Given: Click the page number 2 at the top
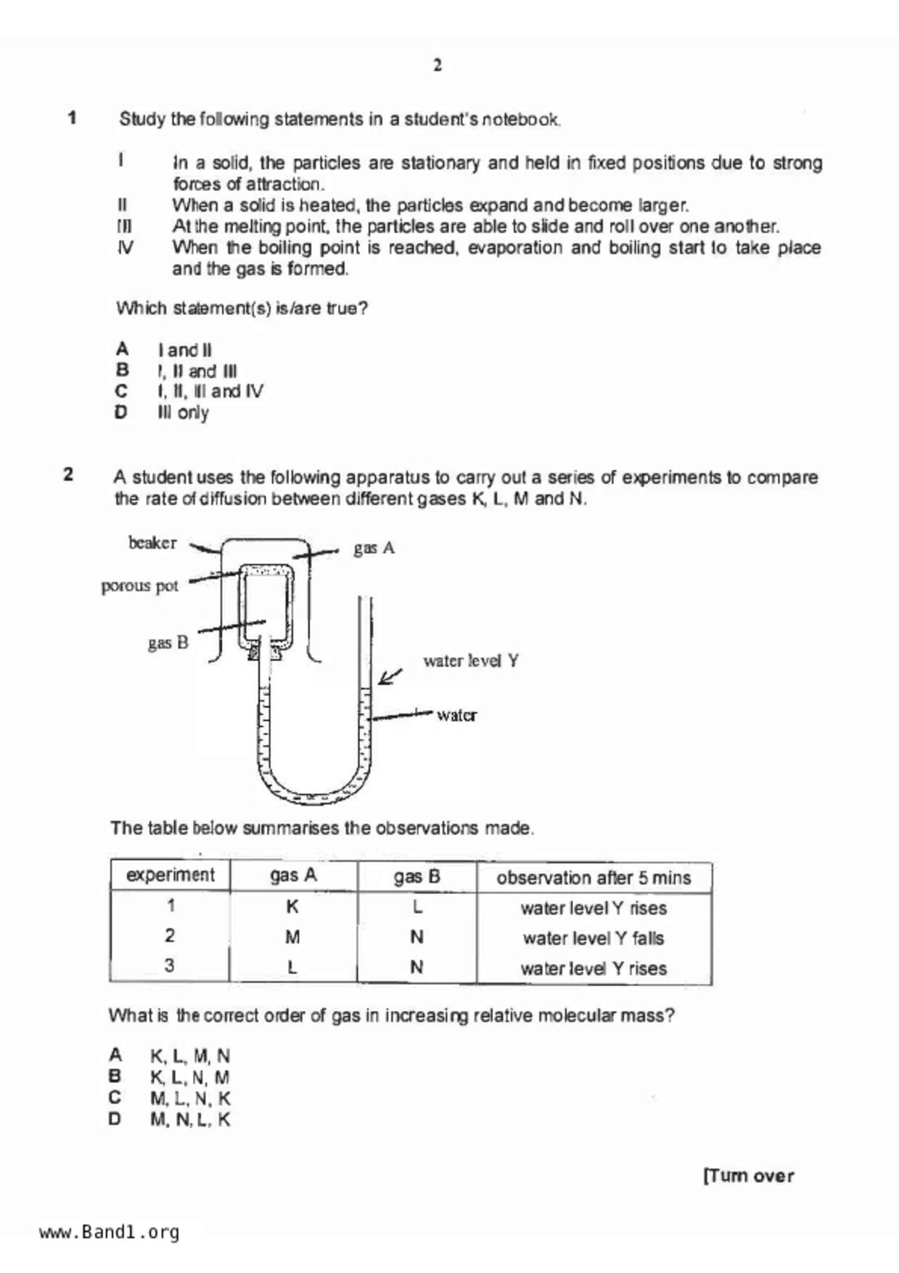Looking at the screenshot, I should point(438,65).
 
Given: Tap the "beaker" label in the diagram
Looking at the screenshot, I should point(152,543).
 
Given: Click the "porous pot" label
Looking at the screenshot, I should point(139,586).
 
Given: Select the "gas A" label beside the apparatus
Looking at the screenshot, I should point(374,548).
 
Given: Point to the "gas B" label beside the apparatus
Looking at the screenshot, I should point(168,642).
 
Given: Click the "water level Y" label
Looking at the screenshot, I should point(471,660).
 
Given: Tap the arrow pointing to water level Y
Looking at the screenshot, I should point(390,676).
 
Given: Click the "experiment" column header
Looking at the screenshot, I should point(171,875).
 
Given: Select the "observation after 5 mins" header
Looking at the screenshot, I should point(594,878).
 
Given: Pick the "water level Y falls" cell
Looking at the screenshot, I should point(594,938).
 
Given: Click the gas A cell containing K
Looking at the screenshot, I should point(292,907).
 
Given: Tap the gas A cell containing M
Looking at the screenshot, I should point(292,938).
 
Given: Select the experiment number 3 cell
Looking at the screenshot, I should point(169,966).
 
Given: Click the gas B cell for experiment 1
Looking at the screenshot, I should point(416,907).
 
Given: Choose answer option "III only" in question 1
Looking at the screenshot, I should point(183,413).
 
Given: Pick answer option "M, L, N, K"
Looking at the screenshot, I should point(190,1099).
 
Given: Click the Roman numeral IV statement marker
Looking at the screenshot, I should point(125,248).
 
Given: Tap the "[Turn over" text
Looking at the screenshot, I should point(748,1176).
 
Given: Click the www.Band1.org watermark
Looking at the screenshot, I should point(109,1232).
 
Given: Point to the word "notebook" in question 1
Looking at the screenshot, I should point(520,120).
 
